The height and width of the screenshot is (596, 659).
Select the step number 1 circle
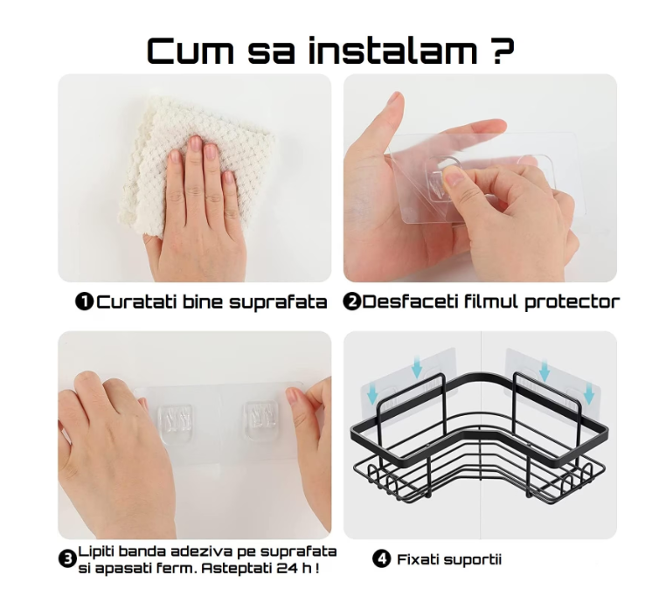[x=85, y=302]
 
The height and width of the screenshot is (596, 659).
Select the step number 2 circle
[x=352, y=302]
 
